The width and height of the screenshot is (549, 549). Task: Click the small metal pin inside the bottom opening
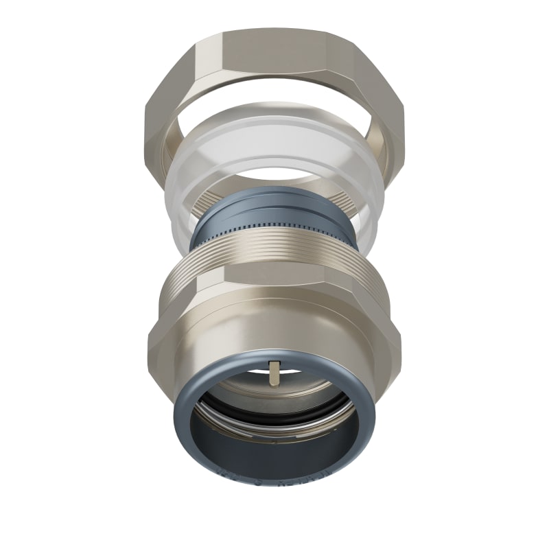click(274, 374)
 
